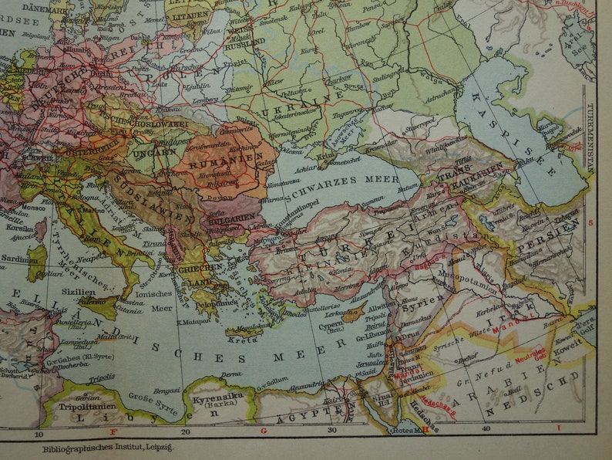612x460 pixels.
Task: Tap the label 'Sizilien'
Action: click(x=80, y=293)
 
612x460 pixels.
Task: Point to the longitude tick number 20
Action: click(x=185, y=431)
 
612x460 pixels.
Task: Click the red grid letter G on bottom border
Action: click(x=263, y=431)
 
